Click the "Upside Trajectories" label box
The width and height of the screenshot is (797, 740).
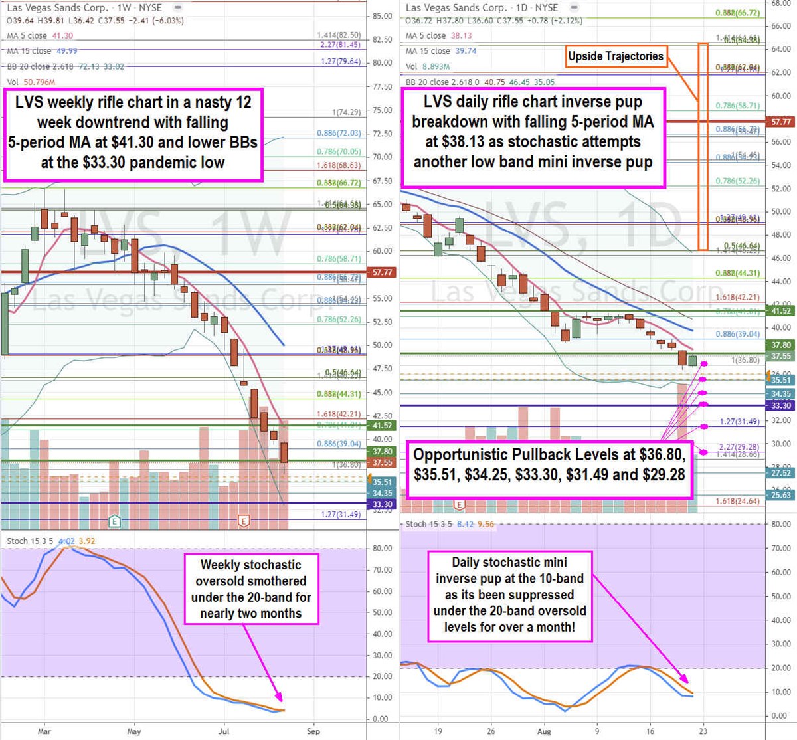616,56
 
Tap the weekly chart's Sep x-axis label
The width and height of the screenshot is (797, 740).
313,731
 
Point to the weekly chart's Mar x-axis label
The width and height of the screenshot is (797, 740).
44,731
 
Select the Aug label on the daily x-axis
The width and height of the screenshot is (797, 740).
543,731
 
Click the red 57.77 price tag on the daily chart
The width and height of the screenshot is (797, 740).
781,122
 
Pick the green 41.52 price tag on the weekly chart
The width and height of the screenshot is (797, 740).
382,426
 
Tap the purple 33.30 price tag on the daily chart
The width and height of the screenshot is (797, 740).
781,405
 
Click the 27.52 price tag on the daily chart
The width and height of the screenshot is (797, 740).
781,473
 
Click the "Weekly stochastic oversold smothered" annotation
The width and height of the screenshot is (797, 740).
251,589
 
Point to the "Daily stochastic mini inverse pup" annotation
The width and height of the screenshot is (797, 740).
509,595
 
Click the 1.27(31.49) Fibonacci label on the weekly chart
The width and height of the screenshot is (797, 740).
341,515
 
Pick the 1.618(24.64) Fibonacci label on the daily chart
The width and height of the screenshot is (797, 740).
737,502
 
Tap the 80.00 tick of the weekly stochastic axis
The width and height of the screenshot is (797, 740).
381,549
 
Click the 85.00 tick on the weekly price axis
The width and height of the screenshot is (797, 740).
383,16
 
